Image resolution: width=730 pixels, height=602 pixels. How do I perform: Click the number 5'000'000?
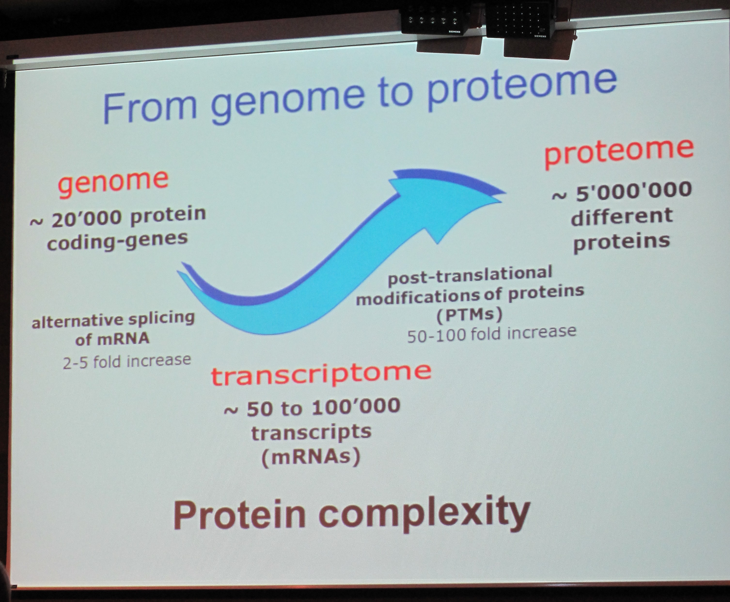coord(634,192)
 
